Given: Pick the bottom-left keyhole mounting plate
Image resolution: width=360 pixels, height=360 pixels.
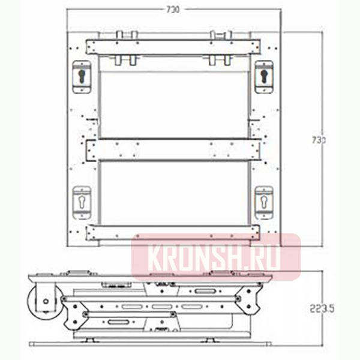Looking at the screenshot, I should [x=82, y=202].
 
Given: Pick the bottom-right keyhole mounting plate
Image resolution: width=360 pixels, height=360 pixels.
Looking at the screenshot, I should [x=263, y=202].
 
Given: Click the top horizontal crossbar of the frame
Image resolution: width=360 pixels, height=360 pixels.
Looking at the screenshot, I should [x=173, y=47].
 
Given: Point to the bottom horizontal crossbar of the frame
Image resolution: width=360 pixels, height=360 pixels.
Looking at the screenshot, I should [x=173, y=232].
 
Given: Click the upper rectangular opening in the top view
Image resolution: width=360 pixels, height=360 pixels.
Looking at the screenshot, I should [x=173, y=102].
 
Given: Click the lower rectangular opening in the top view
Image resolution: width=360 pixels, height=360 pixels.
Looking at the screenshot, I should [x=173, y=192].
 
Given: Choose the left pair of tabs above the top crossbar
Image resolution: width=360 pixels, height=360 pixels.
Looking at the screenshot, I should [x=127, y=35].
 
